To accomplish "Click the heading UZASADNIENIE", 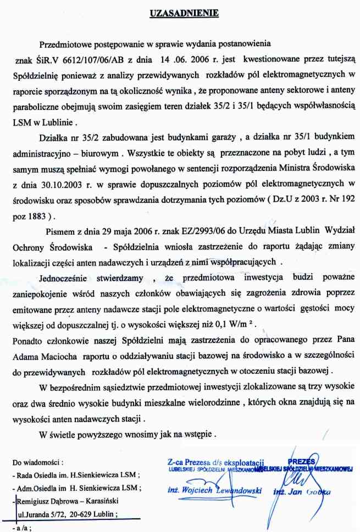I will pos(180,12).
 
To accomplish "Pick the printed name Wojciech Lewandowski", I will pos(214,490).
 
